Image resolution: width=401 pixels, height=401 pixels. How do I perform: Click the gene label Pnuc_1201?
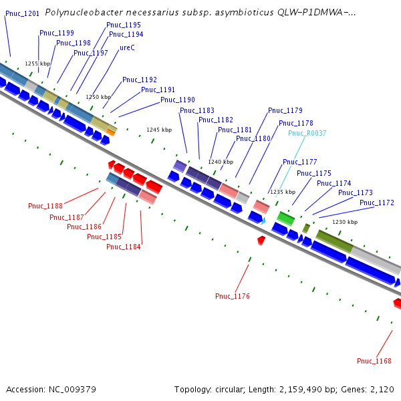click(22, 13)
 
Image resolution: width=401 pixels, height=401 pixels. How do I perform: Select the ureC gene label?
click(127, 47)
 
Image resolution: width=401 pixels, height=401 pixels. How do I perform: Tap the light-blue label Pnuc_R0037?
click(307, 133)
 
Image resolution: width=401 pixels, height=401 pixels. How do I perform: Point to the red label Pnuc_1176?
click(233, 296)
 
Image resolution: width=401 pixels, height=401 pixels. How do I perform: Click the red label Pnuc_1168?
click(374, 361)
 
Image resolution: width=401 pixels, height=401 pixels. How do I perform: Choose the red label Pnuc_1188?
click(45, 206)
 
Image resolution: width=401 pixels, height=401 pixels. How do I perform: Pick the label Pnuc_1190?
click(178, 100)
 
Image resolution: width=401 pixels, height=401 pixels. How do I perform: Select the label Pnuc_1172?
click(377, 203)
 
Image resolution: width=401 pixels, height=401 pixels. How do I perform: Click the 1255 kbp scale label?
click(37, 63)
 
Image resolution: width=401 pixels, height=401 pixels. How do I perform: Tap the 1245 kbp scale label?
click(159, 130)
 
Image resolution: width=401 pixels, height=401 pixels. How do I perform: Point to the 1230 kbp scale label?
click(345, 222)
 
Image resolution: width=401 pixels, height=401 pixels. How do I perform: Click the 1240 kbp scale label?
click(221, 162)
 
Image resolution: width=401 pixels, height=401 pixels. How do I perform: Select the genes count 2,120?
click(381, 389)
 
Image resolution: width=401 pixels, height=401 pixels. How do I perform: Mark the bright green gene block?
click(286, 219)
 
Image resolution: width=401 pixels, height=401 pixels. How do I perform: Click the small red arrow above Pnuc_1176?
click(261, 239)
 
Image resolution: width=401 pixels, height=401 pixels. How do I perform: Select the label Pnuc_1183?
click(197, 110)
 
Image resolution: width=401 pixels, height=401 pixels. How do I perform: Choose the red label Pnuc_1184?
click(124, 247)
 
